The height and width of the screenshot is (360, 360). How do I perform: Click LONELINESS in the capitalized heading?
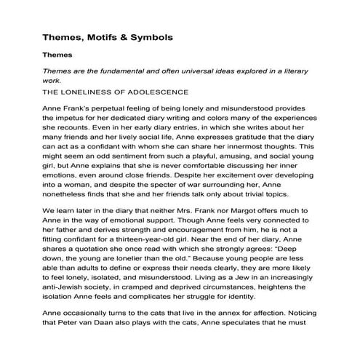tap(100, 92)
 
